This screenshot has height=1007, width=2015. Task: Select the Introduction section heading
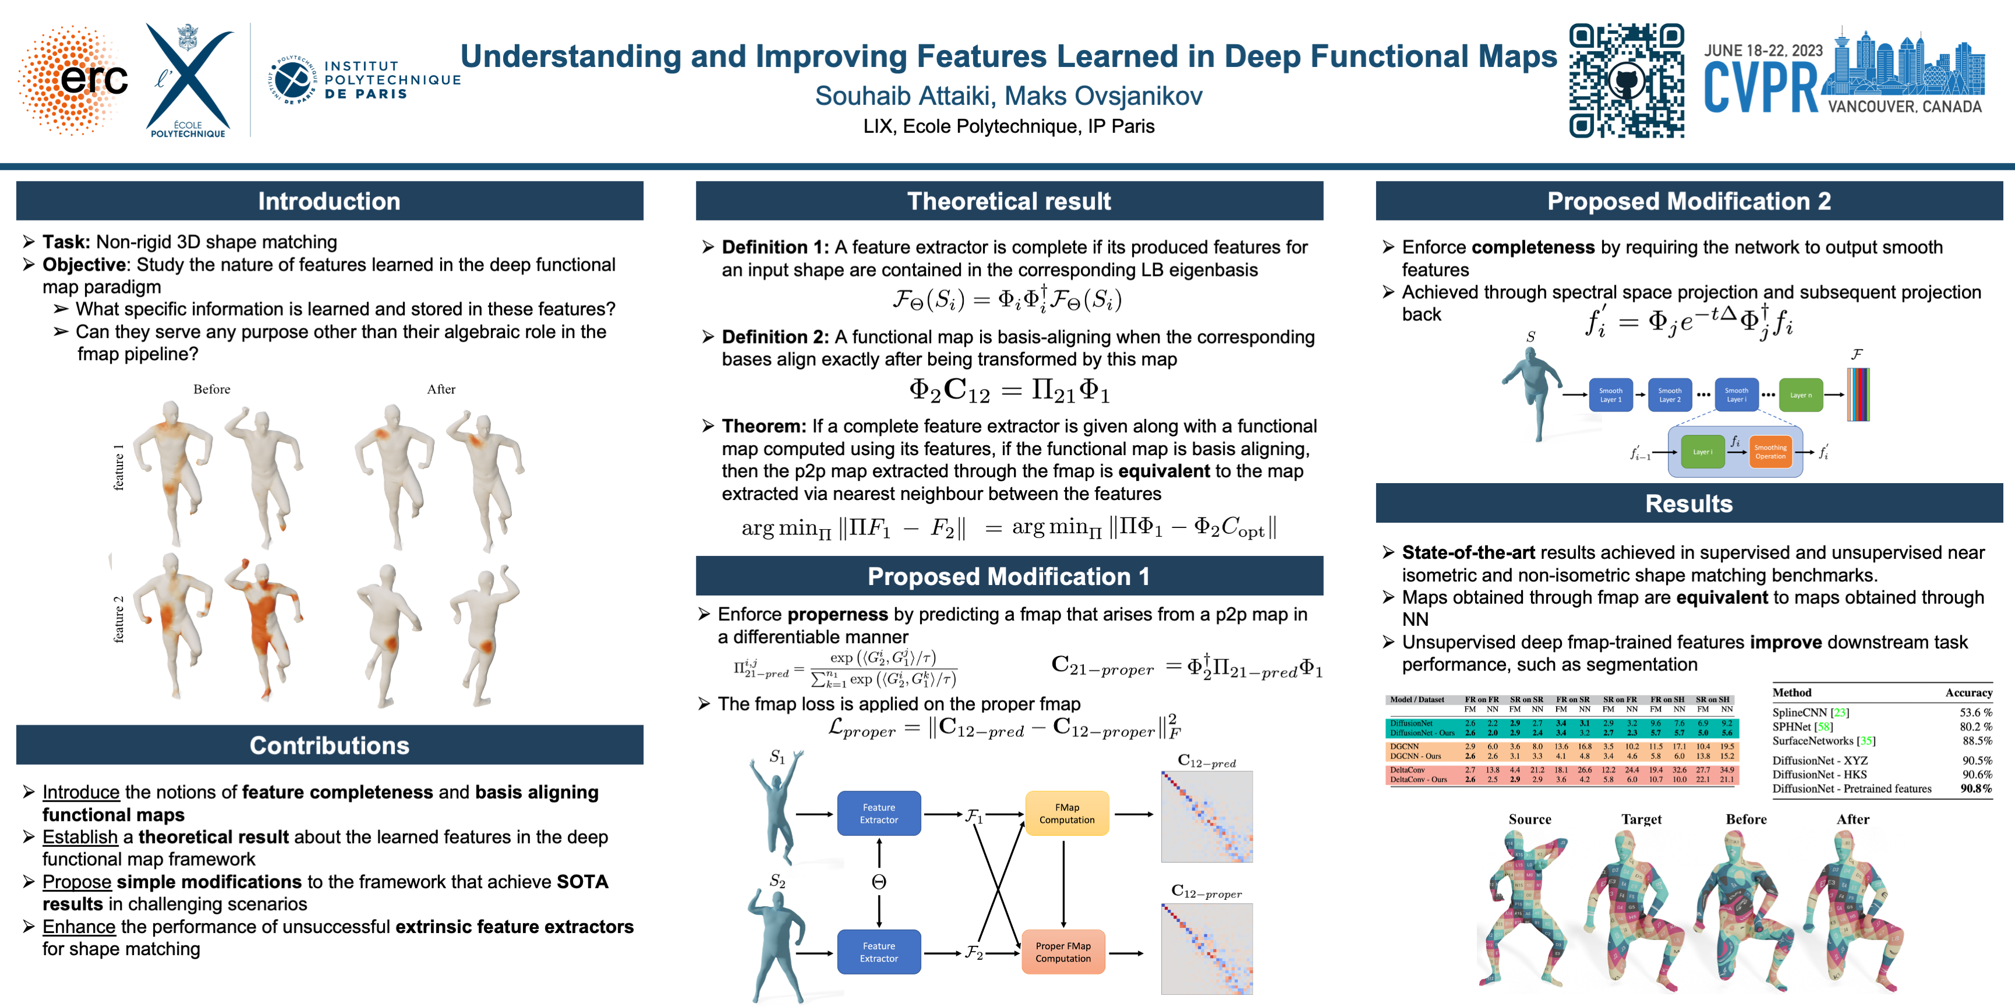click(329, 201)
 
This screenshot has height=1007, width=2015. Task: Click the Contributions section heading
click(329, 745)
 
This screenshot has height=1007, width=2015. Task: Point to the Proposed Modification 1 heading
click(1008, 576)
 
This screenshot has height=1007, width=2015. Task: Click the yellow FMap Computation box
click(1066, 813)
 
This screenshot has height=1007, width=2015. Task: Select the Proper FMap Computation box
click(1063, 952)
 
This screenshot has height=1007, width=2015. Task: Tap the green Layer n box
click(1800, 395)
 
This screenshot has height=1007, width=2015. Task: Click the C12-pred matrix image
click(1206, 816)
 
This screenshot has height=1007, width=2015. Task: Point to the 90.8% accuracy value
click(1976, 789)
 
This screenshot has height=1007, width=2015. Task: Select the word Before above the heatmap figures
click(212, 389)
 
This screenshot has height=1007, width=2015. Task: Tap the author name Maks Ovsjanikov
click(1103, 95)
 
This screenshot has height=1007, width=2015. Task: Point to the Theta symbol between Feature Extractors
click(878, 882)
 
